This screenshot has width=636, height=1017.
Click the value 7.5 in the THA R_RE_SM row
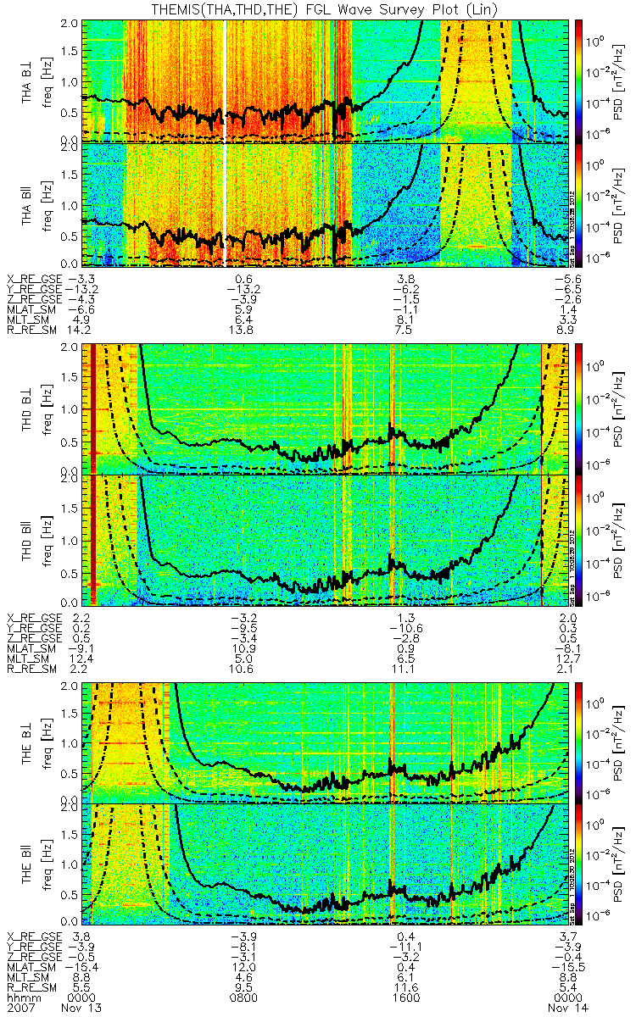click(x=404, y=330)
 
